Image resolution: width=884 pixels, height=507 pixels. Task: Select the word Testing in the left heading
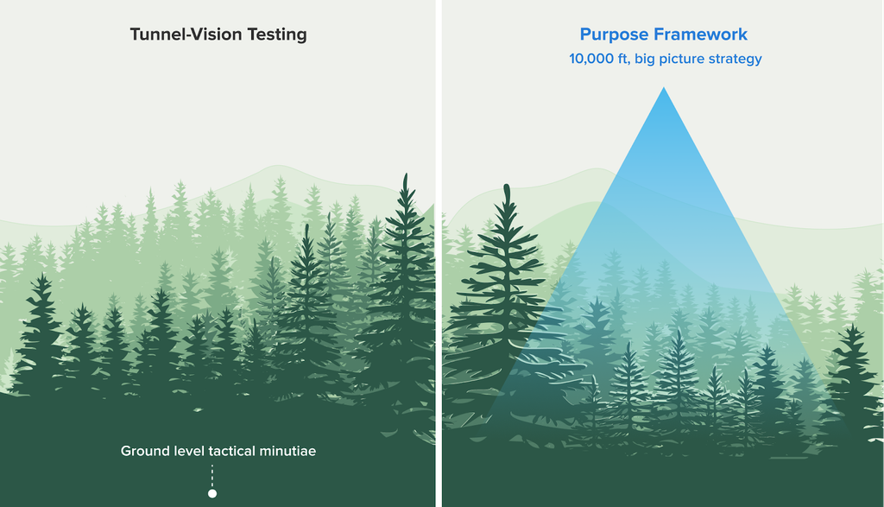pos(277,35)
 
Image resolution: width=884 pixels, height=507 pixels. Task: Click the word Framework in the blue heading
pos(701,35)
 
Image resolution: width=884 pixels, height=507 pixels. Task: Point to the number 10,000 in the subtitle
pos(590,60)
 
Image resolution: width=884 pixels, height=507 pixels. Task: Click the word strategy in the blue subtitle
pos(736,60)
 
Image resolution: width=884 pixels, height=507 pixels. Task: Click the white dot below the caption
pos(212,493)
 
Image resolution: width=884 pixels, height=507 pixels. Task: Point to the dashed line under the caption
pos(212,477)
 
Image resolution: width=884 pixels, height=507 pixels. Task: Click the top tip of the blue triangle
pos(664,87)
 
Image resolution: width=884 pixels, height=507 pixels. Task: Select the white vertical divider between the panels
pos(439,253)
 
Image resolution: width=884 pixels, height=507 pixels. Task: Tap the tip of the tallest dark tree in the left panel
pos(406,174)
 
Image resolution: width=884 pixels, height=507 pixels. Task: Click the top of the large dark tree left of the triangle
pos(506,185)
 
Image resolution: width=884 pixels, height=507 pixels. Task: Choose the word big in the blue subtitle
pos(645,60)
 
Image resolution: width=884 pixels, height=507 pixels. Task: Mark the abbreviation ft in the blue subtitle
pos(622,60)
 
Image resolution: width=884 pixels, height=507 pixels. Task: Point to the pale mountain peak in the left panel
pos(276,166)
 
